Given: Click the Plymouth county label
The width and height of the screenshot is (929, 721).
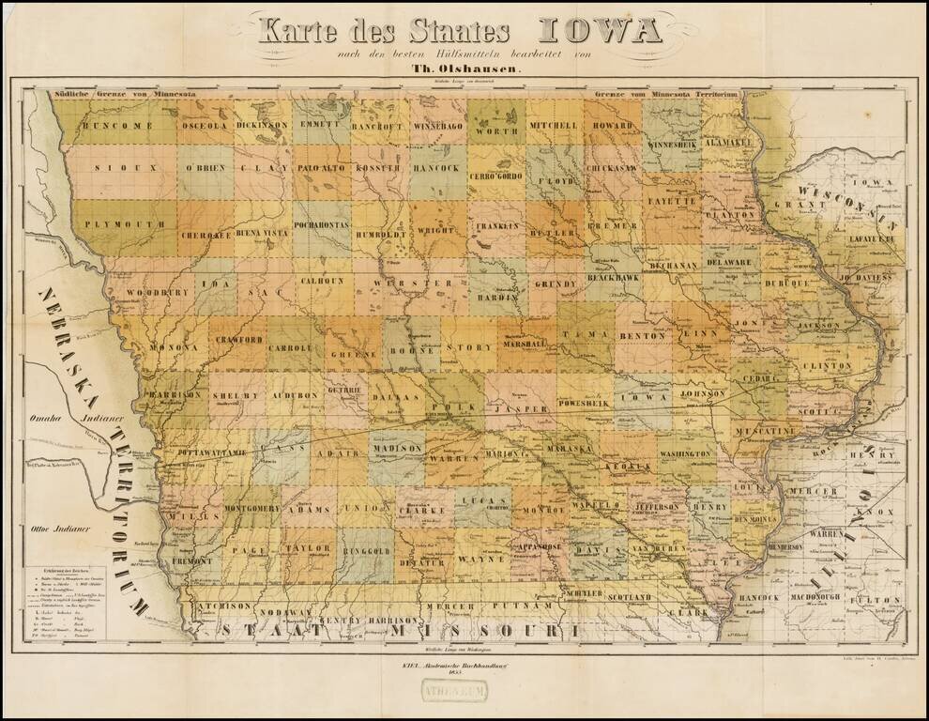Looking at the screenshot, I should pyautogui.click(x=123, y=225).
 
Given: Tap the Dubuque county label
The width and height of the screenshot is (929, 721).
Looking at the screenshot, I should pyautogui.click(x=786, y=282).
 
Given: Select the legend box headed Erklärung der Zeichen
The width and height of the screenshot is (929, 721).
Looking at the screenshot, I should pyautogui.click(x=69, y=607).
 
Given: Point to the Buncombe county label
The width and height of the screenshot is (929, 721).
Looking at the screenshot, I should pyautogui.click(x=117, y=126).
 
